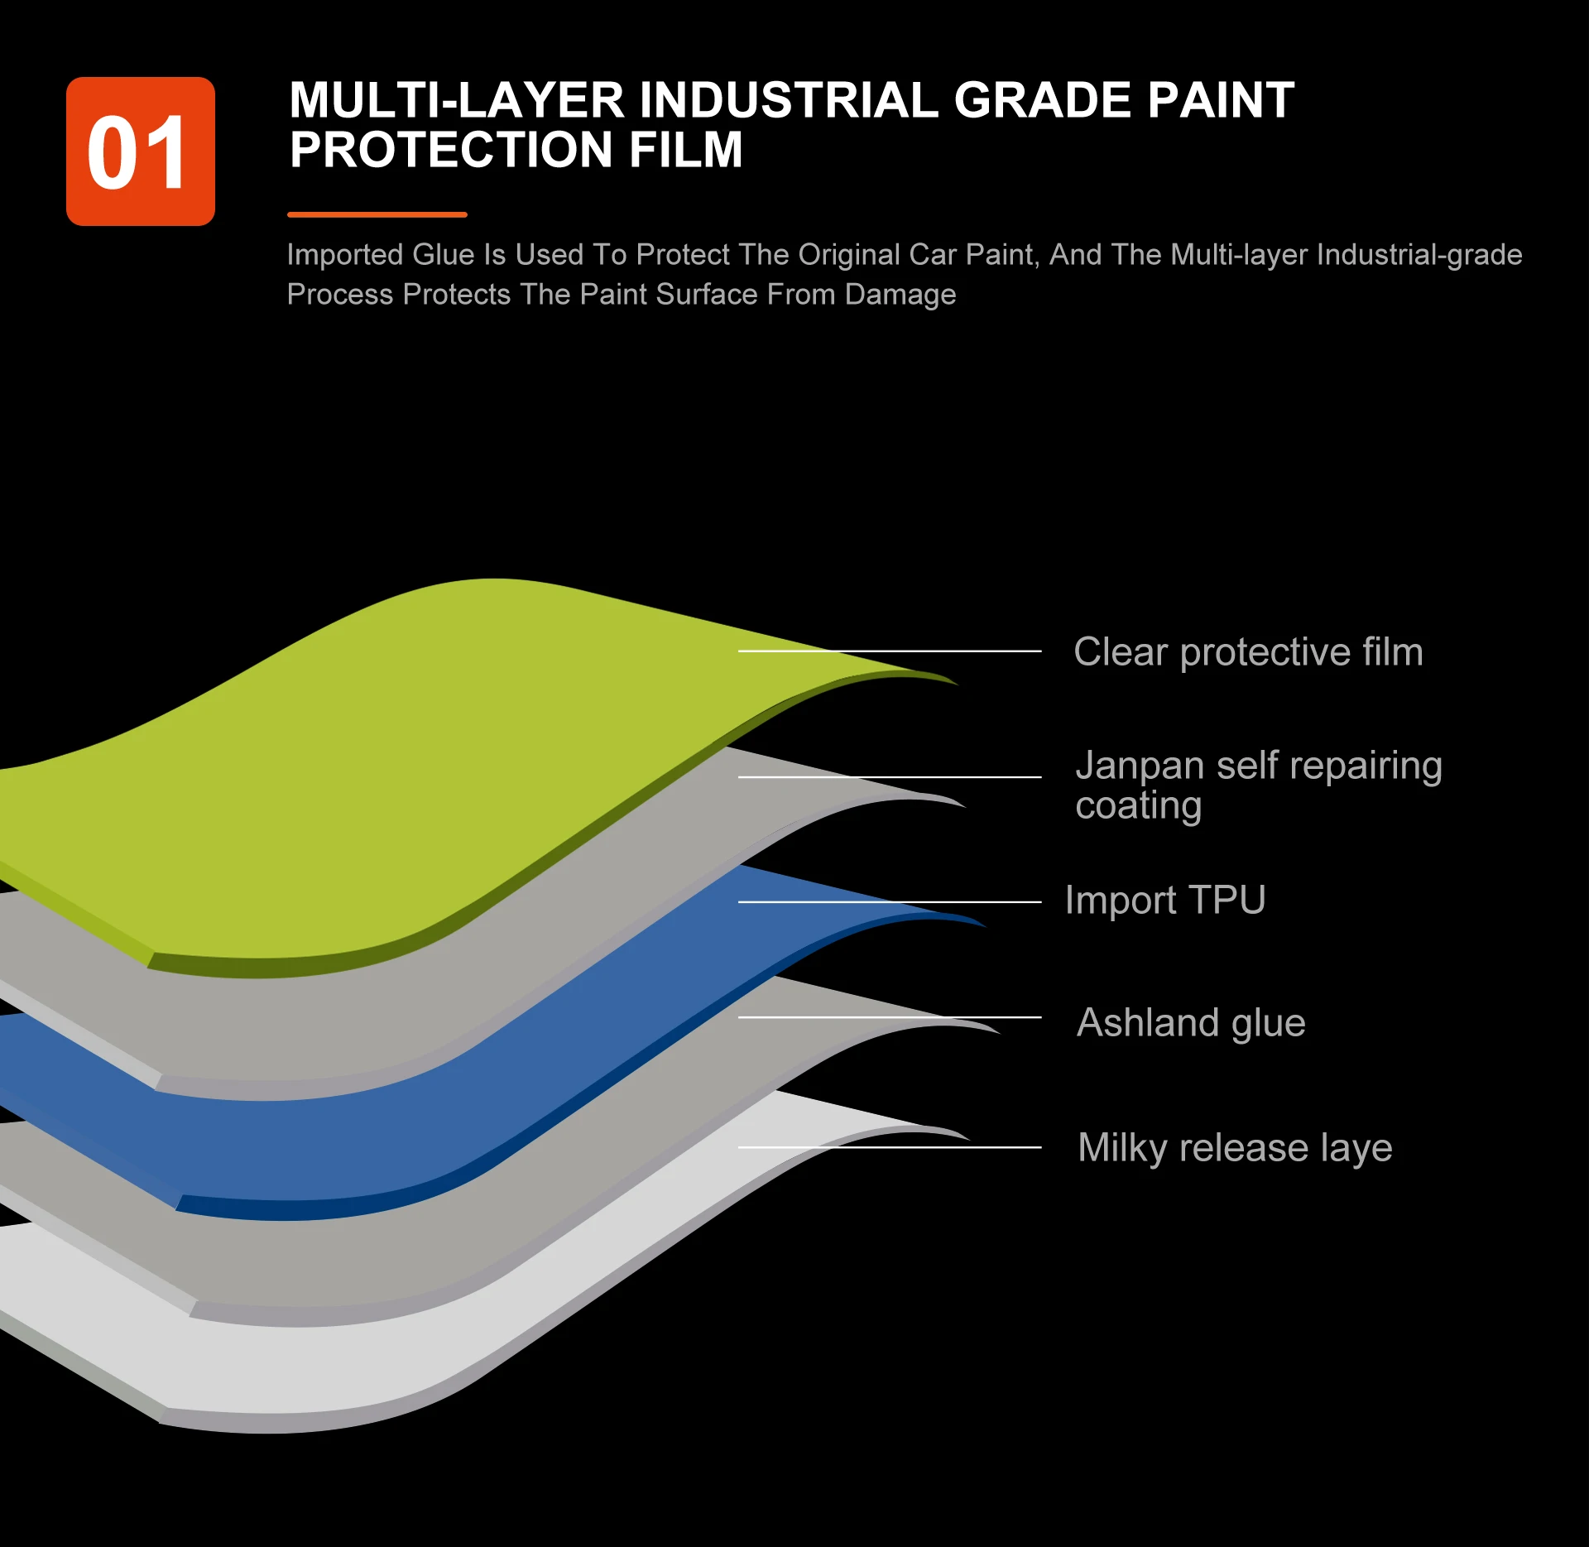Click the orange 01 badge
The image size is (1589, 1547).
140,151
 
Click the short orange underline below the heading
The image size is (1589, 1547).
377,214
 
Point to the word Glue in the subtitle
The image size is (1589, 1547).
446,255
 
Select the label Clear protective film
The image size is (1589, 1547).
1247,652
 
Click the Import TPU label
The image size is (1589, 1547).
1164,901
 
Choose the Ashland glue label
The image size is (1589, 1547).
1190,1023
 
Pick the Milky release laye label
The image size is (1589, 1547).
1234,1148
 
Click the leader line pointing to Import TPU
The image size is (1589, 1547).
890,901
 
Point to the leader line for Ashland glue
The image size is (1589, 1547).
890,1017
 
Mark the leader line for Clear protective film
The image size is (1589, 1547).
890,651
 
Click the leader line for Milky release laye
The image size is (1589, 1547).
890,1147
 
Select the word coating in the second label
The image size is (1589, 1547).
1138,805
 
